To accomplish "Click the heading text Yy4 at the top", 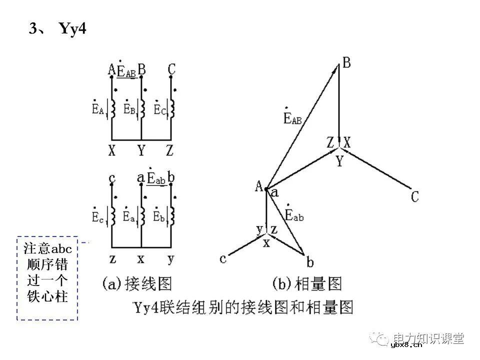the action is point(73,29).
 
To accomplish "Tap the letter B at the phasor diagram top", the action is point(346,63).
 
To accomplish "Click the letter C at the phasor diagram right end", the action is point(414,196).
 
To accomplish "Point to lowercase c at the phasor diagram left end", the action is point(223,258).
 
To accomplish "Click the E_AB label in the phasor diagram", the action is point(292,116).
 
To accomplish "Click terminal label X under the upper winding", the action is point(111,150).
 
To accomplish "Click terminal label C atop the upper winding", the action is point(171,69).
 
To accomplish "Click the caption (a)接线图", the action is point(137,284).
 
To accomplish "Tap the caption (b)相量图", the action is point(307,284).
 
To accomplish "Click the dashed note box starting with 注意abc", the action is point(48,277).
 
